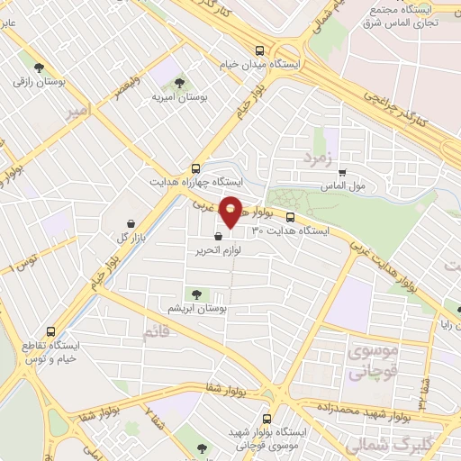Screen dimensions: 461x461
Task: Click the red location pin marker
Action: [230, 211]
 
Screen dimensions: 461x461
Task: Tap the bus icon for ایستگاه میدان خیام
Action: [260, 50]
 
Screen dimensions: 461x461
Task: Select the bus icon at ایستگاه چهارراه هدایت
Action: [196, 167]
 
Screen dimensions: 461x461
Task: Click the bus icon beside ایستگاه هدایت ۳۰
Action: [290, 216]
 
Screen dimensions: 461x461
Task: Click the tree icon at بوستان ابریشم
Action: [195, 293]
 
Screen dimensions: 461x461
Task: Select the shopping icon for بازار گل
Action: [132, 223]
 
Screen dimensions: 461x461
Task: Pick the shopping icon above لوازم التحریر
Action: [217, 235]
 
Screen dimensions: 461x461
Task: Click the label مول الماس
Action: [344, 185]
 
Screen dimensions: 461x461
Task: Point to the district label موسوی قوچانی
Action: [368, 361]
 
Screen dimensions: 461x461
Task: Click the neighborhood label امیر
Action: [78, 111]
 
